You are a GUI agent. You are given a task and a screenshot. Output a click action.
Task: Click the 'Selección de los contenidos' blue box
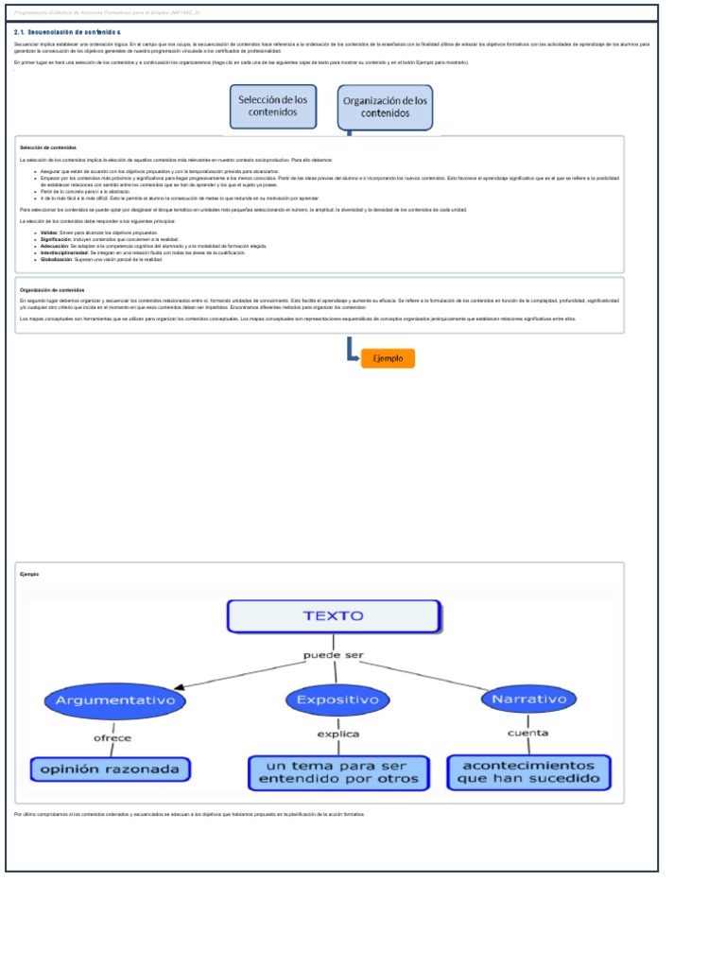[273, 105]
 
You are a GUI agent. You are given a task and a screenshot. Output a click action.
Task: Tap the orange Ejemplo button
[388, 358]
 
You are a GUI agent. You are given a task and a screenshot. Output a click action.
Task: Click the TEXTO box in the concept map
[333, 615]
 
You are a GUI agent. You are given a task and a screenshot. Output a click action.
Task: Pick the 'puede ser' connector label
[333, 654]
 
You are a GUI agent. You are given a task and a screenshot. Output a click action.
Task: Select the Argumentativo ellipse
[115, 700]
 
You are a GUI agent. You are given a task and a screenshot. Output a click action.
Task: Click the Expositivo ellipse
[332, 700]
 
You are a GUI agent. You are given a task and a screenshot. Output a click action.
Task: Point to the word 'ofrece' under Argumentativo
[112, 737]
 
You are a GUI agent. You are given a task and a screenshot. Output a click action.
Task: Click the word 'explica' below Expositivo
[337, 734]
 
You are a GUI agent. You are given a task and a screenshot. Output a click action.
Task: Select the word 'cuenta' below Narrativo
[527, 733]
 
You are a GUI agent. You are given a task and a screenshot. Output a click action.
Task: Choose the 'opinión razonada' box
[111, 769]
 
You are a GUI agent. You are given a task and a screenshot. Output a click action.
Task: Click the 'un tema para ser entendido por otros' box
[338, 771]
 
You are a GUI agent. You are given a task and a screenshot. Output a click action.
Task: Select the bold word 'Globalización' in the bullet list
[56, 259]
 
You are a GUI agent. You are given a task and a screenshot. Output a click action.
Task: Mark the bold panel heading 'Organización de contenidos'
[52, 290]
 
